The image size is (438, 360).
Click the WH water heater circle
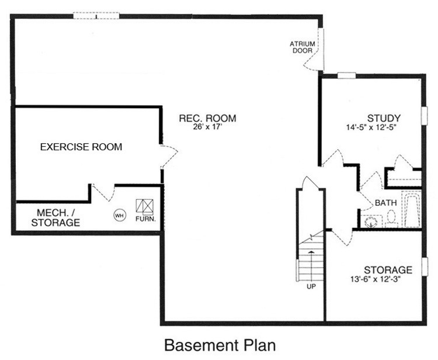(x=120, y=215)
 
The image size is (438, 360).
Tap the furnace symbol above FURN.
(x=144, y=206)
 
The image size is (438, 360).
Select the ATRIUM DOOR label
(x=303, y=47)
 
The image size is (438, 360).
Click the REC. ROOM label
(x=207, y=118)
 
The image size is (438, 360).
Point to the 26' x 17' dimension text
(x=207, y=127)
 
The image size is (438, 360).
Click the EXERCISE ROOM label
(x=81, y=147)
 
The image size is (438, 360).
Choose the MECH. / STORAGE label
(x=55, y=218)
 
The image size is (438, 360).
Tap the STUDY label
(x=384, y=118)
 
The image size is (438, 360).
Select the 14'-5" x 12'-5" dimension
(x=371, y=127)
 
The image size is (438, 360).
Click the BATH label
(x=386, y=203)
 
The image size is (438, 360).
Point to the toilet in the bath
(x=391, y=218)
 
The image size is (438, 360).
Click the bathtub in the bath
(x=412, y=209)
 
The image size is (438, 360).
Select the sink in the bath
(x=371, y=221)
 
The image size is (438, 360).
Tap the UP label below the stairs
(x=311, y=286)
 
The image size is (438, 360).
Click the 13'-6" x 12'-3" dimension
(x=376, y=279)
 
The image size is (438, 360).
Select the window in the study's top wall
(x=346, y=75)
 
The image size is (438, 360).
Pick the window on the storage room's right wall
(x=425, y=266)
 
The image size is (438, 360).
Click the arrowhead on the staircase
(x=311, y=252)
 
